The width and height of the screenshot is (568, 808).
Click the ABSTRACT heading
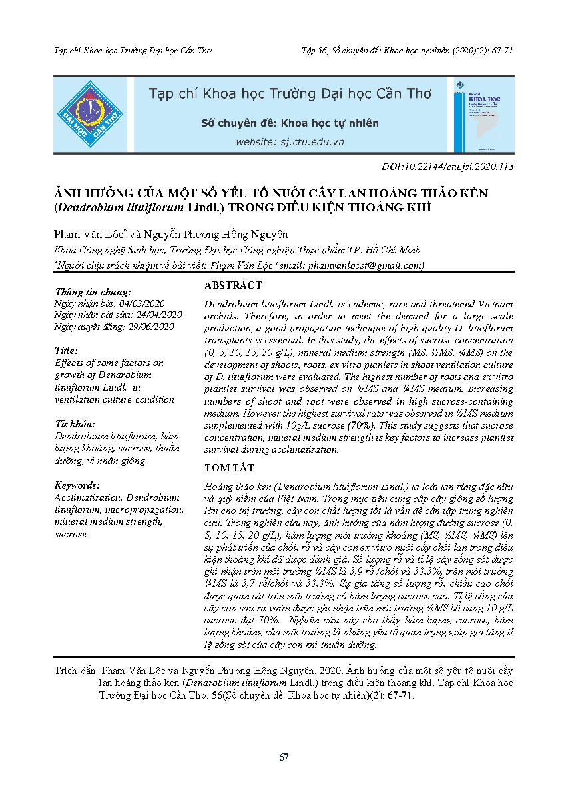233,285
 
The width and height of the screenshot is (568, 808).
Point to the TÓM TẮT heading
228,468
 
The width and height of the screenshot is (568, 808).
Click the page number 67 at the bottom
284,757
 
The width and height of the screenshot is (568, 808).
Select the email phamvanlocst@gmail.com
365,265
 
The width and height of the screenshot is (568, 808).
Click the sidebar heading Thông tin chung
93,291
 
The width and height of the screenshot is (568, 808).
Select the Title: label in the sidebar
66,351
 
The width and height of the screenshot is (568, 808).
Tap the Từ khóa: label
75,424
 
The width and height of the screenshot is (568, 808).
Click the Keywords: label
77,485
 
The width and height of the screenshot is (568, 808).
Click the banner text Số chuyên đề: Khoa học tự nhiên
290,123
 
